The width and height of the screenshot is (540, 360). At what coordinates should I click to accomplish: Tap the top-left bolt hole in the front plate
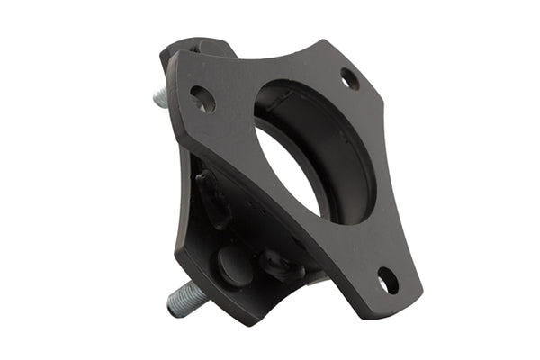(202, 99)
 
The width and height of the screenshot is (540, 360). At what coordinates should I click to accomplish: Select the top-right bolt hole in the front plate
(349, 79)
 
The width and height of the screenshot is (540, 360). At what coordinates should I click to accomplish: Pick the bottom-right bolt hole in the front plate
(388, 282)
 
